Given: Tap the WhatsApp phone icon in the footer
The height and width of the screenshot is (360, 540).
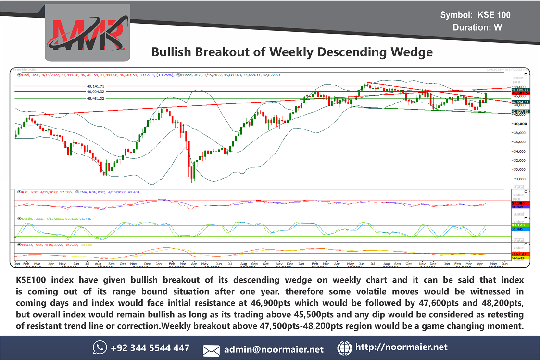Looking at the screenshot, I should (x=100, y=347).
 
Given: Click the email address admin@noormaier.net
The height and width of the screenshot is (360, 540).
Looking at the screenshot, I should (x=274, y=349).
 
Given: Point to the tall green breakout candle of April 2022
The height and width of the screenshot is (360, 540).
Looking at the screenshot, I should (x=486, y=97).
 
